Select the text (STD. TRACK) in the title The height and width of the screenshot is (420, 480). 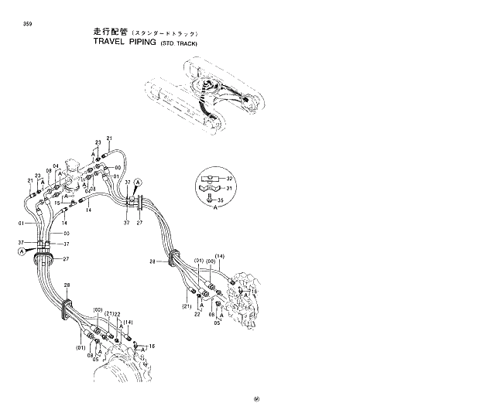pos(179,44)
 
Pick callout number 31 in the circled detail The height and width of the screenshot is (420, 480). pos(228,187)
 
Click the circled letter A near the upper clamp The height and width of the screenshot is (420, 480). pos(138,181)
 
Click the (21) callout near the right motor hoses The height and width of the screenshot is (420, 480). pos(187,307)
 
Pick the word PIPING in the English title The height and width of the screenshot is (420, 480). pos(134,43)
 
